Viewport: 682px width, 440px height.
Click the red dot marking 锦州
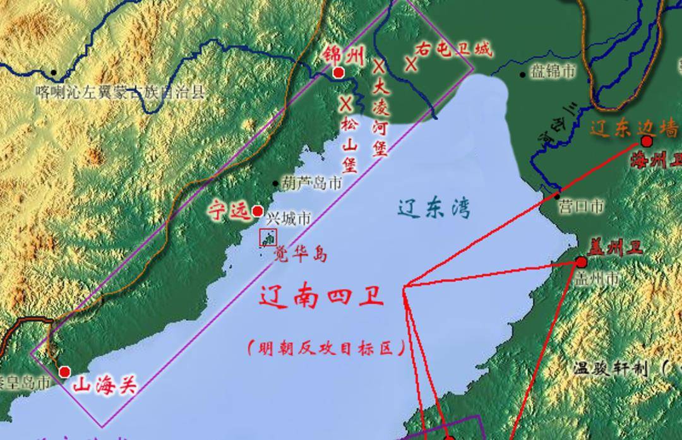(338, 73)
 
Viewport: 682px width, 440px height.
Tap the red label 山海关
(105, 384)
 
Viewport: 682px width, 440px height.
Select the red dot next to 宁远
(258, 211)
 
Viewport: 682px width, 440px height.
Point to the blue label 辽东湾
(434, 208)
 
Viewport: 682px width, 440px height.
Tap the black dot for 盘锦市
(523, 75)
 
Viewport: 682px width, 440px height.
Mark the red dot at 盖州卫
(582, 262)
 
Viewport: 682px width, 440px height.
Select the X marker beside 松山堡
(345, 103)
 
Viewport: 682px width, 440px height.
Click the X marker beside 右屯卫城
(411, 64)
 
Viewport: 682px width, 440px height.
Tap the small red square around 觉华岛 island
(268, 238)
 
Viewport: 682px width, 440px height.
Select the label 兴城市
(288, 219)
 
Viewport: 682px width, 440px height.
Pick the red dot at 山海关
(64, 372)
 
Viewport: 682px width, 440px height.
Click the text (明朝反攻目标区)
(325, 348)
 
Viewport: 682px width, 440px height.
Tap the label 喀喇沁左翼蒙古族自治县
(121, 92)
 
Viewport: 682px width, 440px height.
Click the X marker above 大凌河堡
(378, 65)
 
